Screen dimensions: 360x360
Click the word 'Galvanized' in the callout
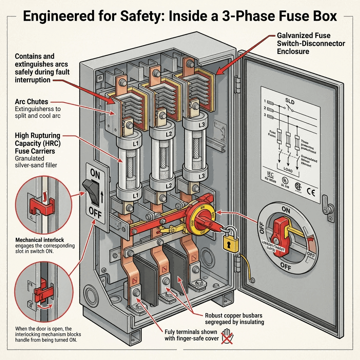[294, 36]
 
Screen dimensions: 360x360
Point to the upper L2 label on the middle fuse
[158, 134]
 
